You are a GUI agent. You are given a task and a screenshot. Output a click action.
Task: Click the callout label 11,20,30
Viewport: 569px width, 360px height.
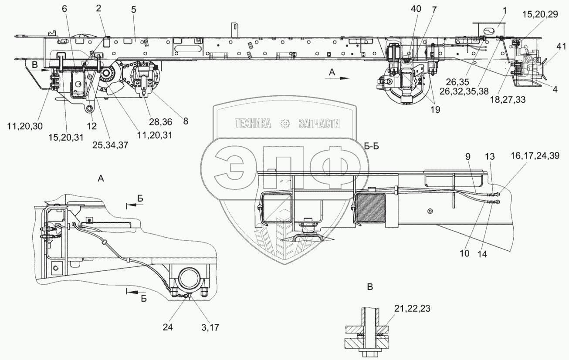(25, 126)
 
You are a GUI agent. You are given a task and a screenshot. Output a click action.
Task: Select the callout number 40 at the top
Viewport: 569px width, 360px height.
(416, 9)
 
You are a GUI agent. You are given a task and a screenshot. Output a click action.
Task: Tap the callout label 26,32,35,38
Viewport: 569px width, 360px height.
(464, 91)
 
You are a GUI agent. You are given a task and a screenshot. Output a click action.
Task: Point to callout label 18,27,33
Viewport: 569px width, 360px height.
(508, 100)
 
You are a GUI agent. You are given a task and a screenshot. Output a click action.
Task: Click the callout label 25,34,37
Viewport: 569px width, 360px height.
(110, 145)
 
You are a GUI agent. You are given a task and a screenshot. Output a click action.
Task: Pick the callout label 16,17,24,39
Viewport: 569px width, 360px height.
(535, 156)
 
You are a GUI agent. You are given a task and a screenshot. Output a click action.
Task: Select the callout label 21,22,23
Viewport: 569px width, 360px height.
(412, 309)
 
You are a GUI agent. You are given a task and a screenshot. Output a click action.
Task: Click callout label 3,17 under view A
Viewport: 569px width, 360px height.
(210, 327)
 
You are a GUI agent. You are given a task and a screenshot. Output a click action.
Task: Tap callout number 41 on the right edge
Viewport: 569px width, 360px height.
(561, 47)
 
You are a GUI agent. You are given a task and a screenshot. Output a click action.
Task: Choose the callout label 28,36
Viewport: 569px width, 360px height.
(160, 122)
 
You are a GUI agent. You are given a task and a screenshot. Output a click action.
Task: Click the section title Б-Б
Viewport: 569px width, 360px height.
(371, 147)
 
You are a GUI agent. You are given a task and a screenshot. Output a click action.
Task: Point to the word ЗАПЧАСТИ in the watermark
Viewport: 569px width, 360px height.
(319, 124)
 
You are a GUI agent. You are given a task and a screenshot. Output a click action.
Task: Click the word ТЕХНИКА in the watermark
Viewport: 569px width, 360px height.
(253, 124)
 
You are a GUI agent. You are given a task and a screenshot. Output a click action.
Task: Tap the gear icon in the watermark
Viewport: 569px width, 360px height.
(285, 124)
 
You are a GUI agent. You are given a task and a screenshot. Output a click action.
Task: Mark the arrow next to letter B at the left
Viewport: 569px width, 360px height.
(44, 70)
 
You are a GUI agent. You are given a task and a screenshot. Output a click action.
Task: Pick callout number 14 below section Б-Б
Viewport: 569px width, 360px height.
(482, 254)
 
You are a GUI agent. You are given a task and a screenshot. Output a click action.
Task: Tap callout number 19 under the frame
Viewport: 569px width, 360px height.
(435, 110)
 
